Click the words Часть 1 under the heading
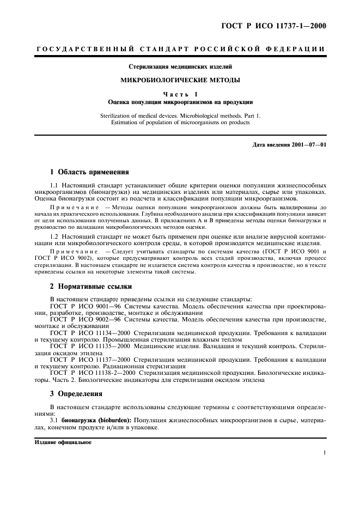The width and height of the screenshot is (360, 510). click(x=180, y=94)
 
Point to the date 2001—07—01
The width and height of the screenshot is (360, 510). click(x=308, y=145)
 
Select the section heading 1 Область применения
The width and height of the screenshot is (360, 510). click(x=89, y=172)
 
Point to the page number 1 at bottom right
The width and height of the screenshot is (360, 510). click(x=324, y=452)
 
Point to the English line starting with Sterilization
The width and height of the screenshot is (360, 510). click(x=180, y=116)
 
